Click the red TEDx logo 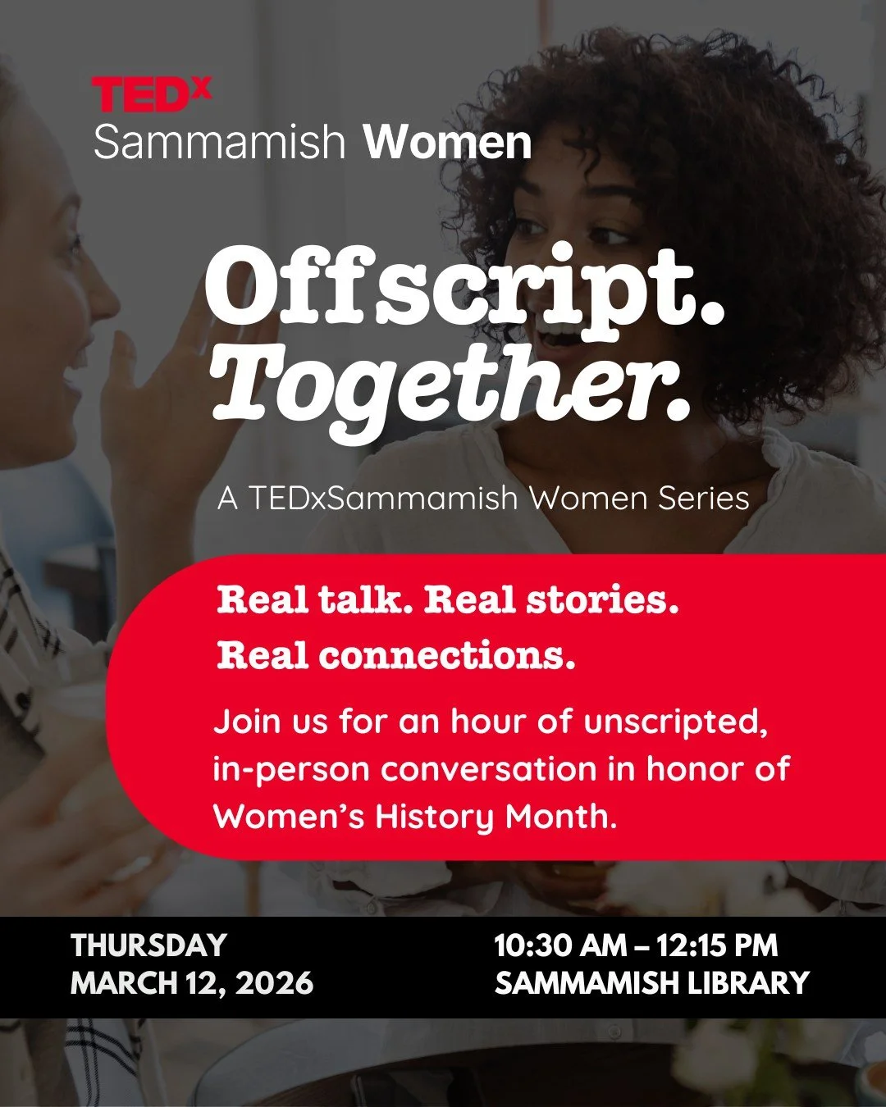151,94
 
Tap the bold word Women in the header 447,143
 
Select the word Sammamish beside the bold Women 220,143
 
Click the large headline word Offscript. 464,287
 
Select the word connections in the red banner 446,655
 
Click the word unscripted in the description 675,722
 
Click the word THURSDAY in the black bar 148,945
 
